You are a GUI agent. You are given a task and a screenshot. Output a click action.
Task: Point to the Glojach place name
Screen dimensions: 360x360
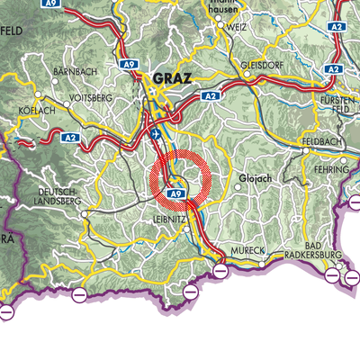(255, 178)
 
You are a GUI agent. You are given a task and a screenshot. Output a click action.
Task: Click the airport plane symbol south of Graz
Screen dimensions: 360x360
(158, 133)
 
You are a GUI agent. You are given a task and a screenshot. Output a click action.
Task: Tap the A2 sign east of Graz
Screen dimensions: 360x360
(211, 94)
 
